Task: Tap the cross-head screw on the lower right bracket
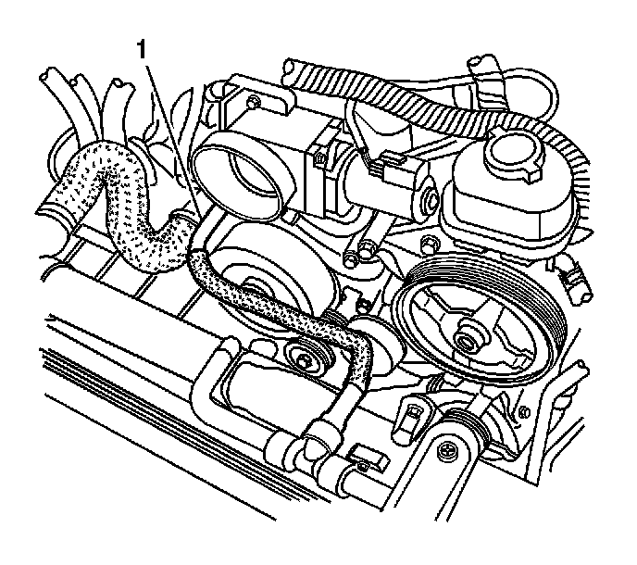(447, 451)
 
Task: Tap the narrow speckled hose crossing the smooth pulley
(269, 301)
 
